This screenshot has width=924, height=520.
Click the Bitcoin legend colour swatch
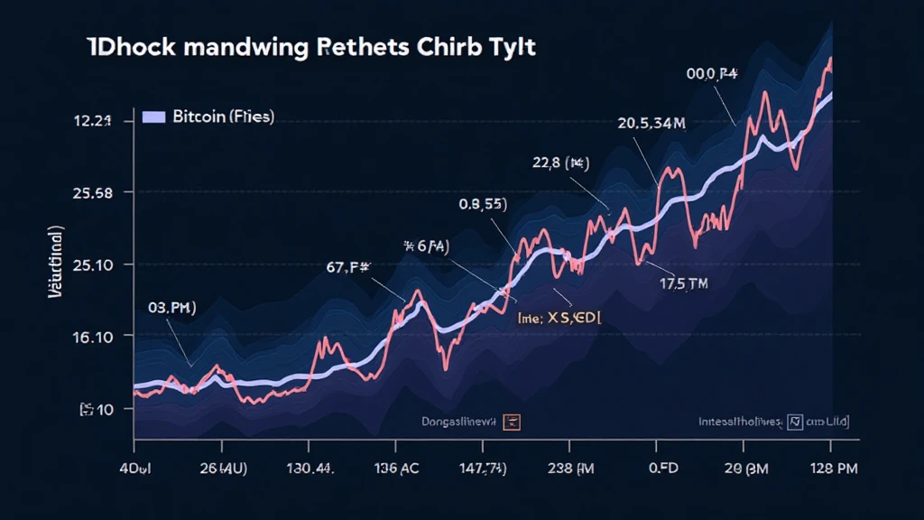(x=153, y=117)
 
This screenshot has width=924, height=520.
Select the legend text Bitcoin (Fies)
(x=223, y=117)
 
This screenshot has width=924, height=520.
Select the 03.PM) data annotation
(x=171, y=308)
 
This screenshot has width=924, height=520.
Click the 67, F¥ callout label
(x=355, y=266)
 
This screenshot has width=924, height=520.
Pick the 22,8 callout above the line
(x=561, y=163)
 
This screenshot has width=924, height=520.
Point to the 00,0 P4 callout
(x=712, y=77)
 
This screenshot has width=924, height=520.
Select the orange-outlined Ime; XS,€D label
(x=559, y=318)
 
